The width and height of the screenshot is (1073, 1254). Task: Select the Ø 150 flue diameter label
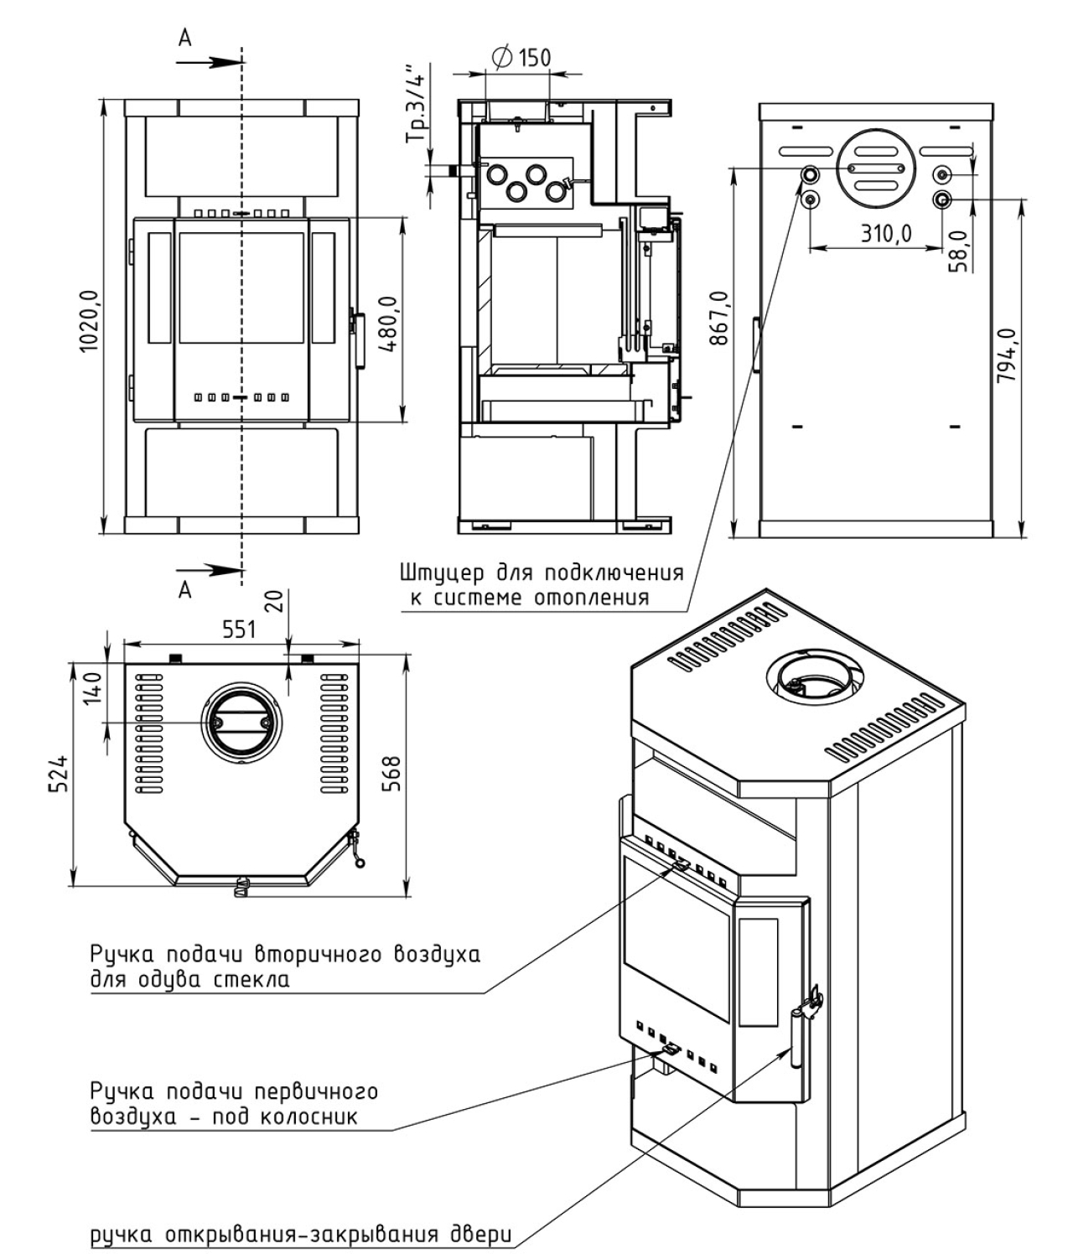point(521,57)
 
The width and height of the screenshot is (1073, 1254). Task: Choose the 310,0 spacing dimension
point(886,233)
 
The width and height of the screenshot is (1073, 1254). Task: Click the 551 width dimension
point(239,630)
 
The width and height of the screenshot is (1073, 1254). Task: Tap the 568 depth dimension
point(391,774)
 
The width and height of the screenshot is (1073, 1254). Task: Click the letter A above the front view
point(185,38)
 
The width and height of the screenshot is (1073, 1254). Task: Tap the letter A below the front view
point(185,590)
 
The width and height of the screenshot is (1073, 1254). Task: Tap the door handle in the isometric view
point(795,1039)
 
